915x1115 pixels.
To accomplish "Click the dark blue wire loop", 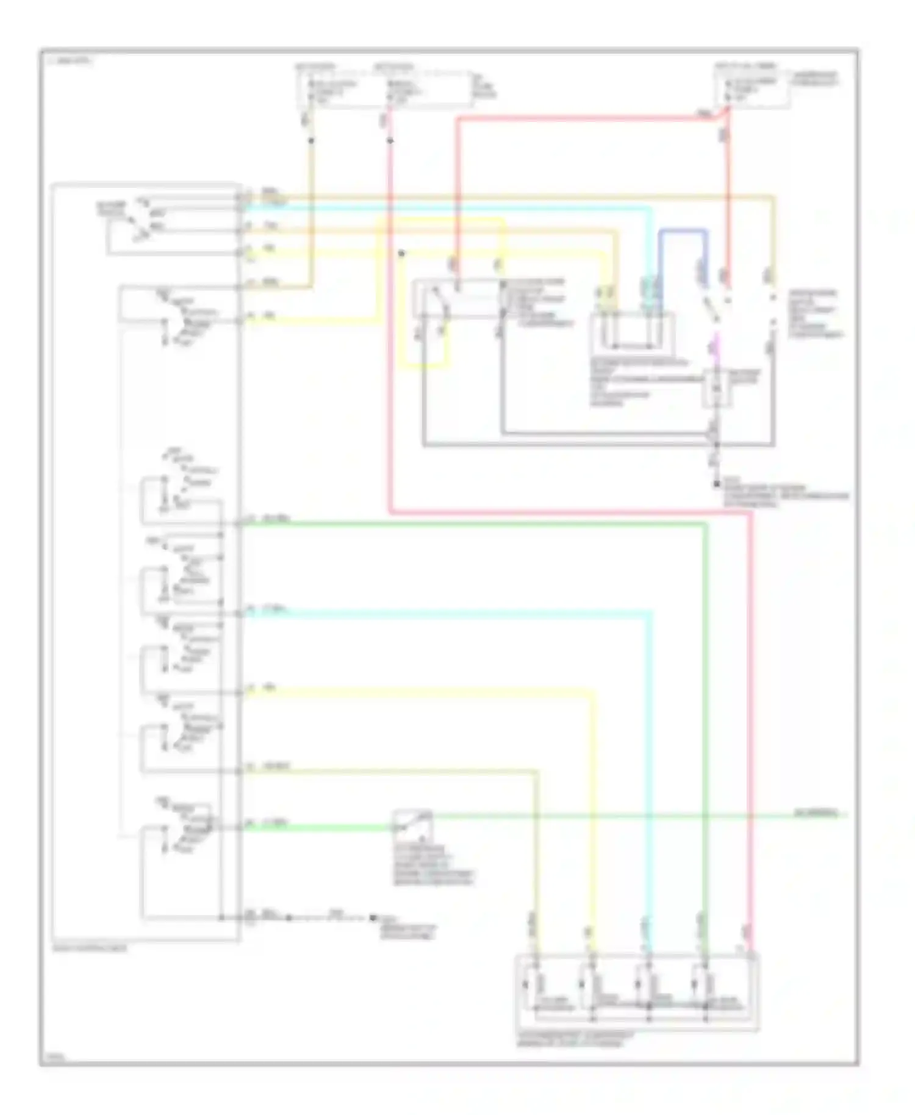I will tap(683, 232).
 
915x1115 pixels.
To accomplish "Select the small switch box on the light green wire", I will tap(412, 823).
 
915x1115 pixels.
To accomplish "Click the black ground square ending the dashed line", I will tap(373, 917).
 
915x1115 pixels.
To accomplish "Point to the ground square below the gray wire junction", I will tap(716, 484).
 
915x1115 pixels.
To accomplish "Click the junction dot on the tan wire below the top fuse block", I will tap(311, 141).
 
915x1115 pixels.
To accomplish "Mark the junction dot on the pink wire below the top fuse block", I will tap(390, 141).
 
